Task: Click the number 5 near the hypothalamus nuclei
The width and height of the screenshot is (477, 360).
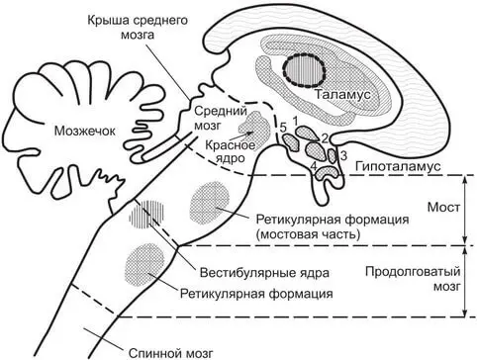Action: (x=283, y=128)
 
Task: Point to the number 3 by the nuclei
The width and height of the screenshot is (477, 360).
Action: (x=343, y=155)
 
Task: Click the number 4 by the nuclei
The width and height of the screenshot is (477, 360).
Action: (x=313, y=166)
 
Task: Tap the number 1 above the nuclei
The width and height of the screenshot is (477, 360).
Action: (x=296, y=118)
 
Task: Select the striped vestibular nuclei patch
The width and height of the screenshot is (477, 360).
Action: (x=154, y=213)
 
